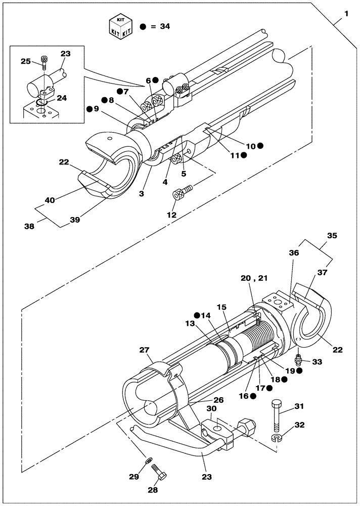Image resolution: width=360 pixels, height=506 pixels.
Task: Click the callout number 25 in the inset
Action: (x=25, y=61)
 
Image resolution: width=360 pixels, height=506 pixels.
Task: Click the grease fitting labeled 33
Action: (x=298, y=361)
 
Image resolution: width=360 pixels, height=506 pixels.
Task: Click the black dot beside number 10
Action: (x=260, y=146)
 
